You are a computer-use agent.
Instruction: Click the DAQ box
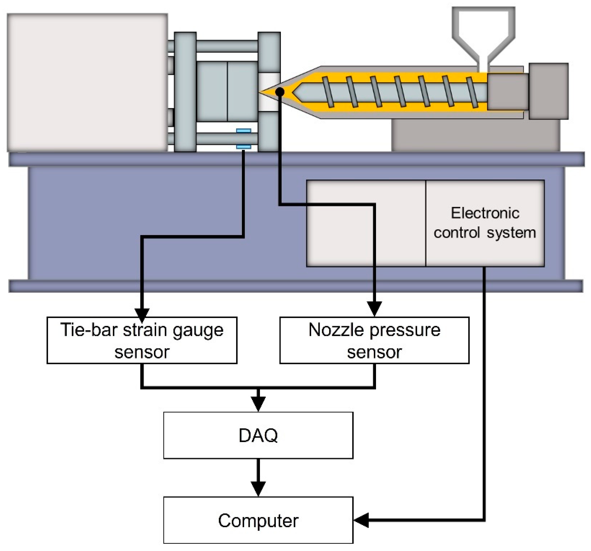coord(258,435)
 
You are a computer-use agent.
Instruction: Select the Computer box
coord(258,521)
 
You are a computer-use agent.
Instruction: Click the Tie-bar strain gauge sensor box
coord(142,340)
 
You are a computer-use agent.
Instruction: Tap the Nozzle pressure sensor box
coord(374,340)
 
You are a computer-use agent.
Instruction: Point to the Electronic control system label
coord(485,223)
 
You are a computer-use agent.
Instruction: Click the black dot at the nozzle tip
coord(280,92)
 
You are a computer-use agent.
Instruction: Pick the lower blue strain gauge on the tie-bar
coord(244,147)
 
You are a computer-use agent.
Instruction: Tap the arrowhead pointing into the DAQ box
coord(258,404)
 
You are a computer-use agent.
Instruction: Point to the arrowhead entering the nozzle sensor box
coord(374,309)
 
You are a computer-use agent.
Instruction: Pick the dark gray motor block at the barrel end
coord(548,91)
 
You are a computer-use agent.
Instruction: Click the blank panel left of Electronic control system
coord(366,223)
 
